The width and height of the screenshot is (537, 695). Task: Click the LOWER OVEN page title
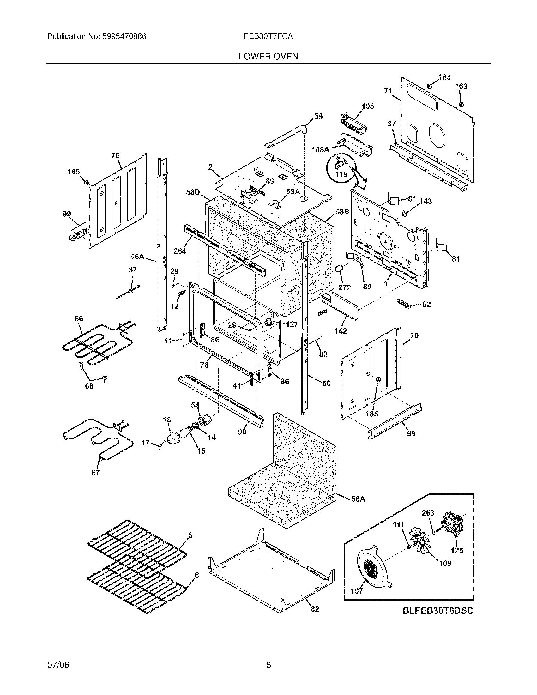tap(268, 57)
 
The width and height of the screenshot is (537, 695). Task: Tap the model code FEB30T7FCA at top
tap(268, 37)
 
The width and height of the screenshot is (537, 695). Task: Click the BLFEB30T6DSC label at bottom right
tap(438, 611)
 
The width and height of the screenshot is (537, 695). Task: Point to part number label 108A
tap(320, 149)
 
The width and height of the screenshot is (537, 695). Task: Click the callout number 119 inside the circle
tap(341, 174)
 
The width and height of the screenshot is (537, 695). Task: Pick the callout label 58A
tap(358, 499)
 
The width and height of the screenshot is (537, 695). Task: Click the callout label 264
tap(180, 251)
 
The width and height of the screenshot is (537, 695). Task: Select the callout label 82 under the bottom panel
tap(315, 608)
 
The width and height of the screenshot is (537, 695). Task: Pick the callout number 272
tap(344, 287)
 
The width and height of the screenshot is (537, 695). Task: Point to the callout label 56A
tap(137, 256)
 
